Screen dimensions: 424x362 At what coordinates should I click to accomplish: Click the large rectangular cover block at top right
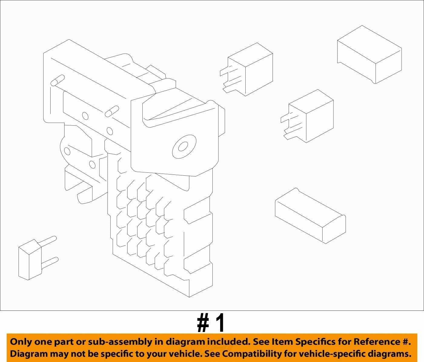click(x=369, y=55)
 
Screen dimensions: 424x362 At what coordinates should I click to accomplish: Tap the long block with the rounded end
click(x=310, y=216)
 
